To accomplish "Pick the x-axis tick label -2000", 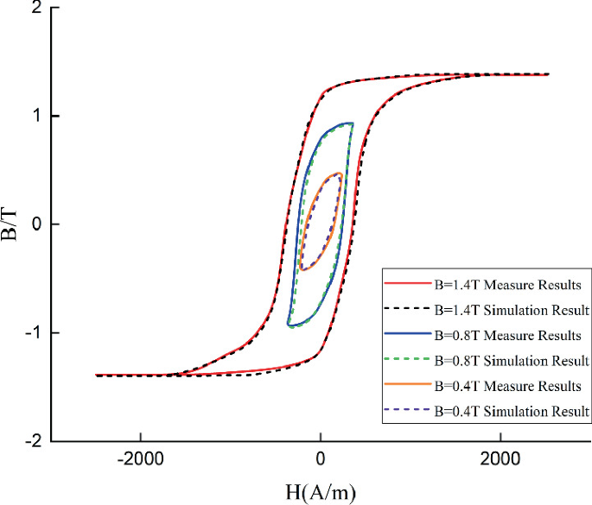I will click(x=142, y=460).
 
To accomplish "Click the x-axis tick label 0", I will click(x=321, y=460).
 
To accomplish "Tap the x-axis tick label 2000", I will click(x=500, y=460).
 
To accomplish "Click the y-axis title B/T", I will click(x=12, y=225).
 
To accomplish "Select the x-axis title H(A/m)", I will click(x=320, y=491).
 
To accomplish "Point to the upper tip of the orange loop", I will click(x=340, y=174).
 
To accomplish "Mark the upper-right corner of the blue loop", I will click(x=352, y=123).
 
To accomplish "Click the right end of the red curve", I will click(x=548, y=74).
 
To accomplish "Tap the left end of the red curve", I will click(x=96, y=376).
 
